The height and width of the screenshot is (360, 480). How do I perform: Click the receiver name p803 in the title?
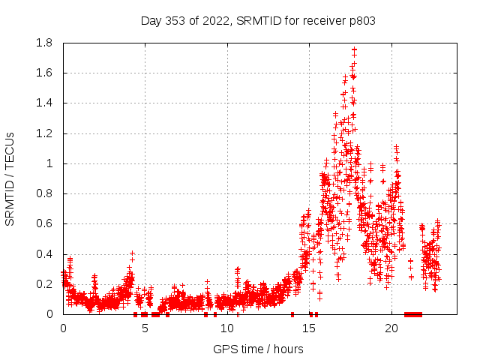[361, 20]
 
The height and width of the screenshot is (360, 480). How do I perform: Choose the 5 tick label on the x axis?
[145, 328]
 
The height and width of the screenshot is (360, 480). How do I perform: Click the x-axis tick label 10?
[227, 328]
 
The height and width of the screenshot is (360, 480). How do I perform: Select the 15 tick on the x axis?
[310, 328]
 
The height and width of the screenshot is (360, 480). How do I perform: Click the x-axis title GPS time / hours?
[258, 349]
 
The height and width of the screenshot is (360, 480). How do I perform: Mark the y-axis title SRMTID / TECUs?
[10, 178]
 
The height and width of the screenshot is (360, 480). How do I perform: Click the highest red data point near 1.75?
[354, 50]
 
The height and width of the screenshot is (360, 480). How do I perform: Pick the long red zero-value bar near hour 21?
[413, 314]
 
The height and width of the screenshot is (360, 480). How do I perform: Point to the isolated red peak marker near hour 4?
[132, 253]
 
